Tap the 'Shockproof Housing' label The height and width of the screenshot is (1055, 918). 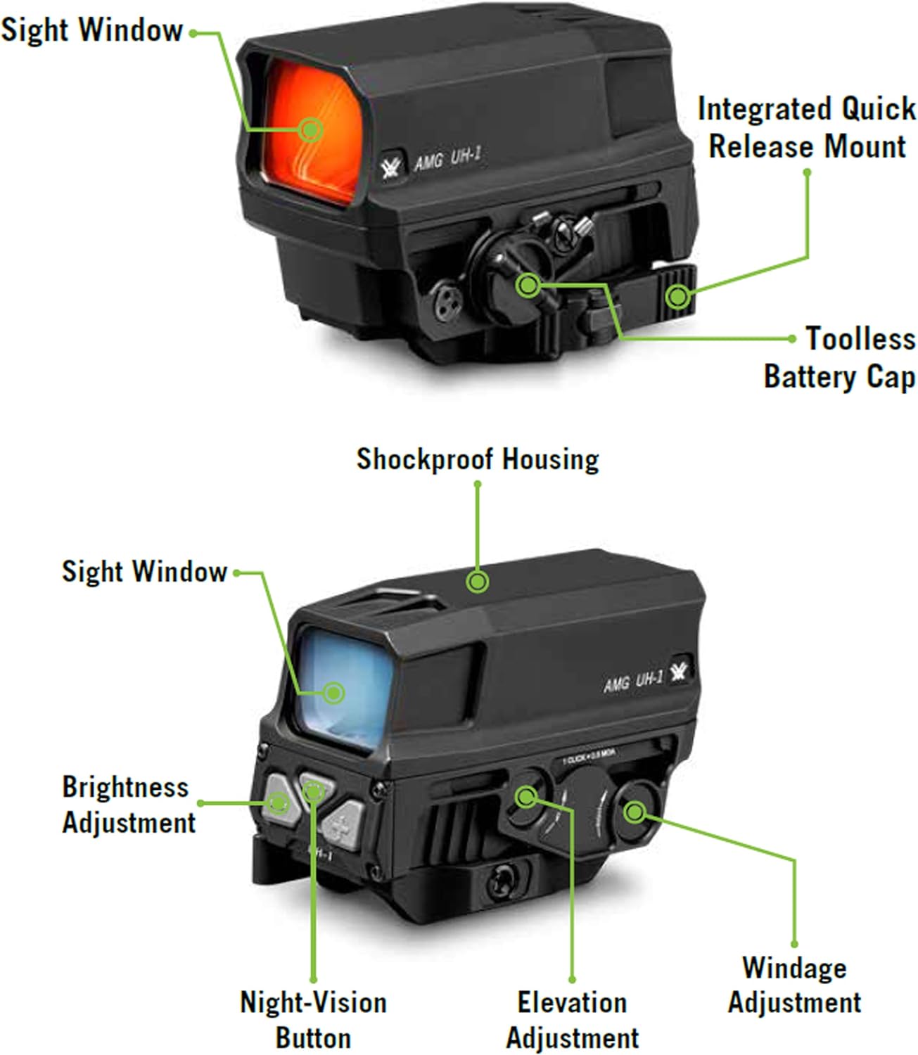point(478,459)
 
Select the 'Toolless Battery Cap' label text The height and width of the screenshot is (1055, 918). point(841,357)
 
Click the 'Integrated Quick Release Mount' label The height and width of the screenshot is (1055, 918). point(807,128)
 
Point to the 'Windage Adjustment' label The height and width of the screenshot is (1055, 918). point(794,985)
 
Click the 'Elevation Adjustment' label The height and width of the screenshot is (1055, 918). point(572,1020)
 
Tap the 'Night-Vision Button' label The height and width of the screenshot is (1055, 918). point(313,1020)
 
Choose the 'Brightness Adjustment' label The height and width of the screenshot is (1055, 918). point(127,805)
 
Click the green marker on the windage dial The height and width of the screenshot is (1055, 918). point(635,812)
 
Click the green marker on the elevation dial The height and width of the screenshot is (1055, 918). point(525,797)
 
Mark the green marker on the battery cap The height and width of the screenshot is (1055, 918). point(528,286)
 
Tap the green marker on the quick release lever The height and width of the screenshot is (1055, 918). point(677,296)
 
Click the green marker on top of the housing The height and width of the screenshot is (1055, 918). point(478,582)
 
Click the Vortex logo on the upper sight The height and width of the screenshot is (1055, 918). point(390,167)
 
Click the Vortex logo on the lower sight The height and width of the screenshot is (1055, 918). point(678,670)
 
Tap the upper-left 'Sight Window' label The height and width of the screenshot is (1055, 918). point(91,30)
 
